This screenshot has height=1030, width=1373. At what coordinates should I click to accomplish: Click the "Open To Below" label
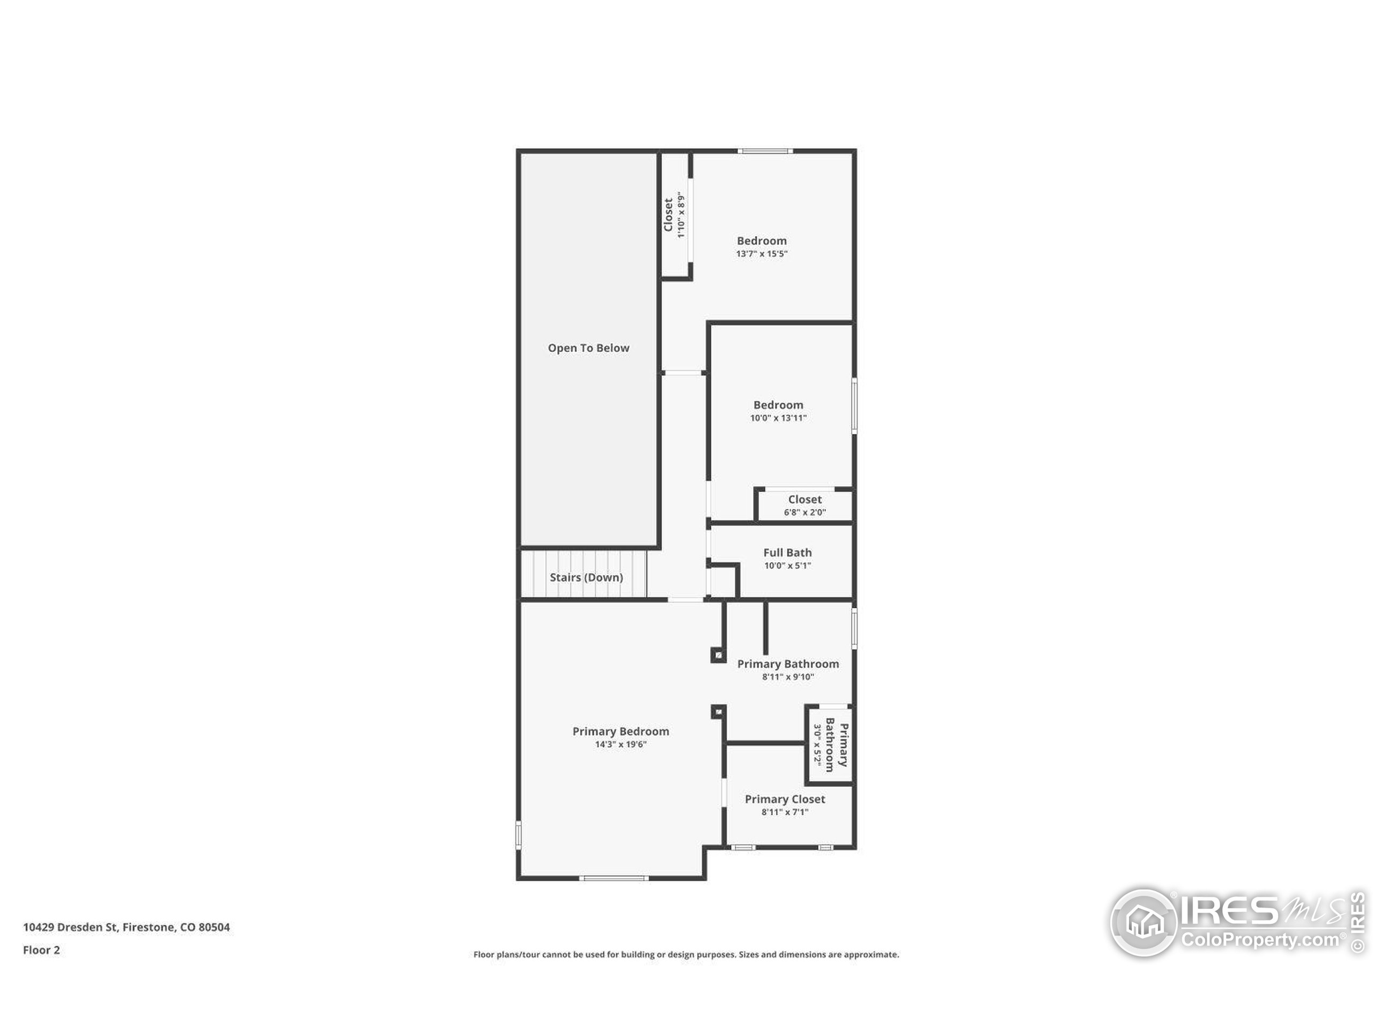tap(588, 348)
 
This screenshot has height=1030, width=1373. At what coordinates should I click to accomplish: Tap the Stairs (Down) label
tap(586, 577)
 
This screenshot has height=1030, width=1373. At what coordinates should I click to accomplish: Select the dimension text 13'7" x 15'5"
tap(762, 254)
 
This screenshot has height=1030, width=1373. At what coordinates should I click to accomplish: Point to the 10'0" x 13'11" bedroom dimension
tap(778, 418)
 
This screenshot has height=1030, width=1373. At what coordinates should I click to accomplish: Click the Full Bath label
tap(787, 553)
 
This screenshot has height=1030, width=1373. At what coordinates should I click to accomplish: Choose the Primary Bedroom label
tap(621, 731)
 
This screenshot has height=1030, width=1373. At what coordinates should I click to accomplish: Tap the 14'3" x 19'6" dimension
tap(621, 745)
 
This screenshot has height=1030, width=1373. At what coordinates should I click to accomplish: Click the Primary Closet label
tap(785, 799)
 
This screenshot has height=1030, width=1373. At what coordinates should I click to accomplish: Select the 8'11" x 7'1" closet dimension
tap(785, 812)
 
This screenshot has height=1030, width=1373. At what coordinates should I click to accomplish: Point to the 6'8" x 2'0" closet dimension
tap(804, 512)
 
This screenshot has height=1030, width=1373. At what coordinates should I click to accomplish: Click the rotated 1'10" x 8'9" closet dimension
tap(681, 215)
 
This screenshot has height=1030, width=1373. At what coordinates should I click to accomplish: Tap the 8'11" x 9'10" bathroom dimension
tap(788, 676)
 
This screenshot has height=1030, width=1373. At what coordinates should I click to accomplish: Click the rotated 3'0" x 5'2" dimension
tap(818, 747)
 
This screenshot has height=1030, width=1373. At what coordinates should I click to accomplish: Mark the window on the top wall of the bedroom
tap(765, 151)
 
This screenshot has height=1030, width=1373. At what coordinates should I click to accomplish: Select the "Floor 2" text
tap(42, 950)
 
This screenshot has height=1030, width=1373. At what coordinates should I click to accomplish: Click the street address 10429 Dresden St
tap(70, 927)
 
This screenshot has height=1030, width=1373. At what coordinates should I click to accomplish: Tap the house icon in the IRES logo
tap(1144, 922)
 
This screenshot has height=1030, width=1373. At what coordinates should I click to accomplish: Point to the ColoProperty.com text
tap(1259, 940)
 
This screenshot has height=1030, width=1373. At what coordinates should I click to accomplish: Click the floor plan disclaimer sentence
tap(686, 954)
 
